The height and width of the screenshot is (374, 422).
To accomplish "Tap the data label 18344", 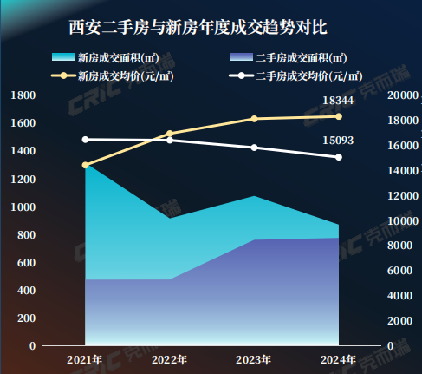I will coord(338,102).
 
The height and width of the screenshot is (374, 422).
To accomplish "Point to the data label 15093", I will coord(338,141).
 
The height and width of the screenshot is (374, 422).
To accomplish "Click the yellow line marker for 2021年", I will coord(85,165).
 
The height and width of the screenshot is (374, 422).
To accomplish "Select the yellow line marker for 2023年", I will coord(254,119).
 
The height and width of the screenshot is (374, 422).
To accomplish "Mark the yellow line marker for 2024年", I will coord(339,116).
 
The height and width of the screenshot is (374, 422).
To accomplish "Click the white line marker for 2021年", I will coord(85,139).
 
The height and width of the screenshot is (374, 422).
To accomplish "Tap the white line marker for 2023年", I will coord(254,148).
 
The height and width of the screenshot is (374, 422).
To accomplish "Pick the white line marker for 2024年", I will coord(339,157).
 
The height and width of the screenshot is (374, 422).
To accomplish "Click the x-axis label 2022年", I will coord(169,359).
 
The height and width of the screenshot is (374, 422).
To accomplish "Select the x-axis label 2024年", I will coord(339,359).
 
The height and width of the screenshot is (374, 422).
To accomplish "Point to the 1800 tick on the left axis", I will coord(24,95).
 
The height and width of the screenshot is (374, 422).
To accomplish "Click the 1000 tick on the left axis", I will coord(24,207).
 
